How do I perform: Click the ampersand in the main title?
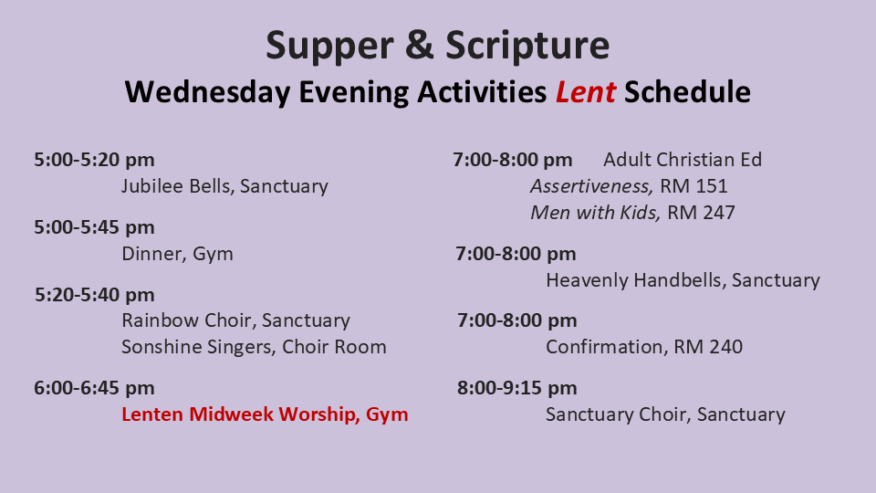(x=419, y=45)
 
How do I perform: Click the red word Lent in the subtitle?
(x=586, y=92)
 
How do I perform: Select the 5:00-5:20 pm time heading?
(x=94, y=160)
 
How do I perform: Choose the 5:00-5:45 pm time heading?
(x=94, y=227)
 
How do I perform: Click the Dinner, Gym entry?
(x=177, y=255)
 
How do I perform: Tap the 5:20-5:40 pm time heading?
(x=94, y=295)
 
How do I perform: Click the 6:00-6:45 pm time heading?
(x=94, y=388)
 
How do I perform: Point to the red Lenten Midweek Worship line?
(x=265, y=414)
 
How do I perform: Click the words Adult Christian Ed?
(x=683, y=160)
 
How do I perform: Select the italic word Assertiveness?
(x=590, y=186)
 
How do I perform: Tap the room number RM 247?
(x=701, y=213)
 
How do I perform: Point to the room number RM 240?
(x=708, y=347)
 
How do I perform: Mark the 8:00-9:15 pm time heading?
(x=517, y=388)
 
